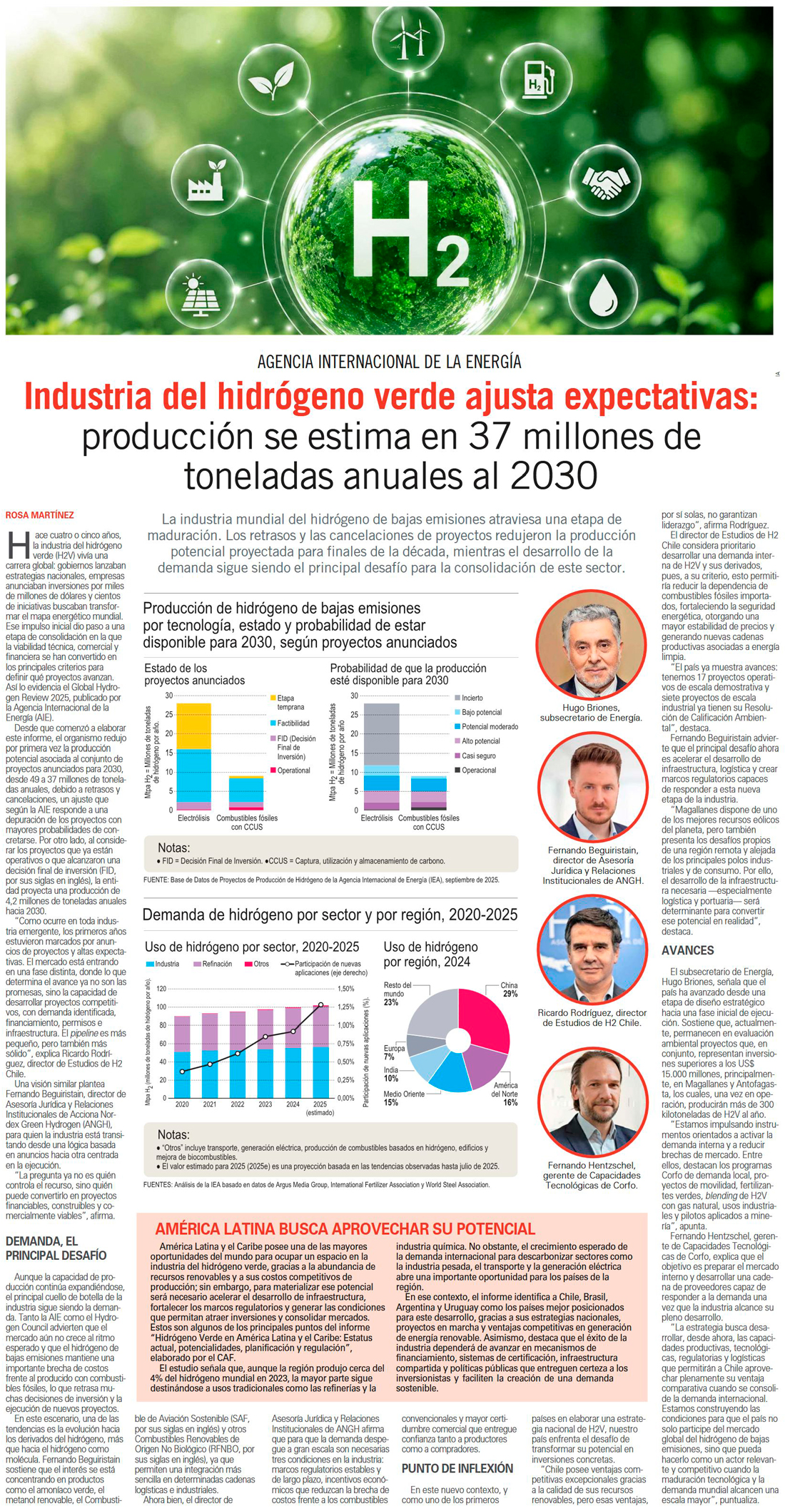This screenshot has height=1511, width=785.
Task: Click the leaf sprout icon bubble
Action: pos(271,79)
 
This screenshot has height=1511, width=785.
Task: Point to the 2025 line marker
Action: pos(320,1004)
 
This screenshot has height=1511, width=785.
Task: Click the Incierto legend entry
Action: pos(468,698)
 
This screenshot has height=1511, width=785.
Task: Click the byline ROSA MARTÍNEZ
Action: pos(39,515)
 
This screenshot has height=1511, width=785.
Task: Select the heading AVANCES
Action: pos(687,950)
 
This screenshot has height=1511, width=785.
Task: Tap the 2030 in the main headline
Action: pos(554,474)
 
